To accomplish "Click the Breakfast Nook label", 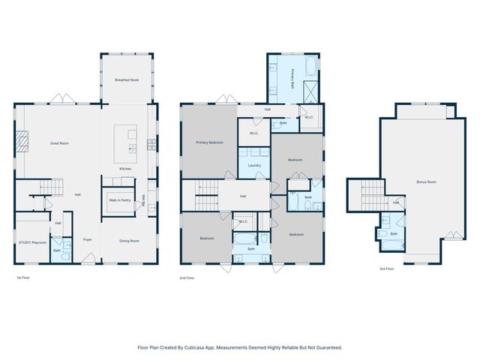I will pos(127,79).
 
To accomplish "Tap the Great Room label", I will pos(59,142).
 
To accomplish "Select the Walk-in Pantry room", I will pos(120,200).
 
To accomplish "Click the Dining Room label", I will pos(130,240).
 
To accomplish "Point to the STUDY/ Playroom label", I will pos(32,242).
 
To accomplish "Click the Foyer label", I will pos(87,240).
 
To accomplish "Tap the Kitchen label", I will pos(125,168).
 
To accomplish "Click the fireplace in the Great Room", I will pos(23,142).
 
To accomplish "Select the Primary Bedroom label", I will pos(209,142).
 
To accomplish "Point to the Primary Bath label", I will pos(292,79).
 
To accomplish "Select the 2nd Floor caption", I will pos(187,277).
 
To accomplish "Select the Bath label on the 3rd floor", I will pos(394,234).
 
